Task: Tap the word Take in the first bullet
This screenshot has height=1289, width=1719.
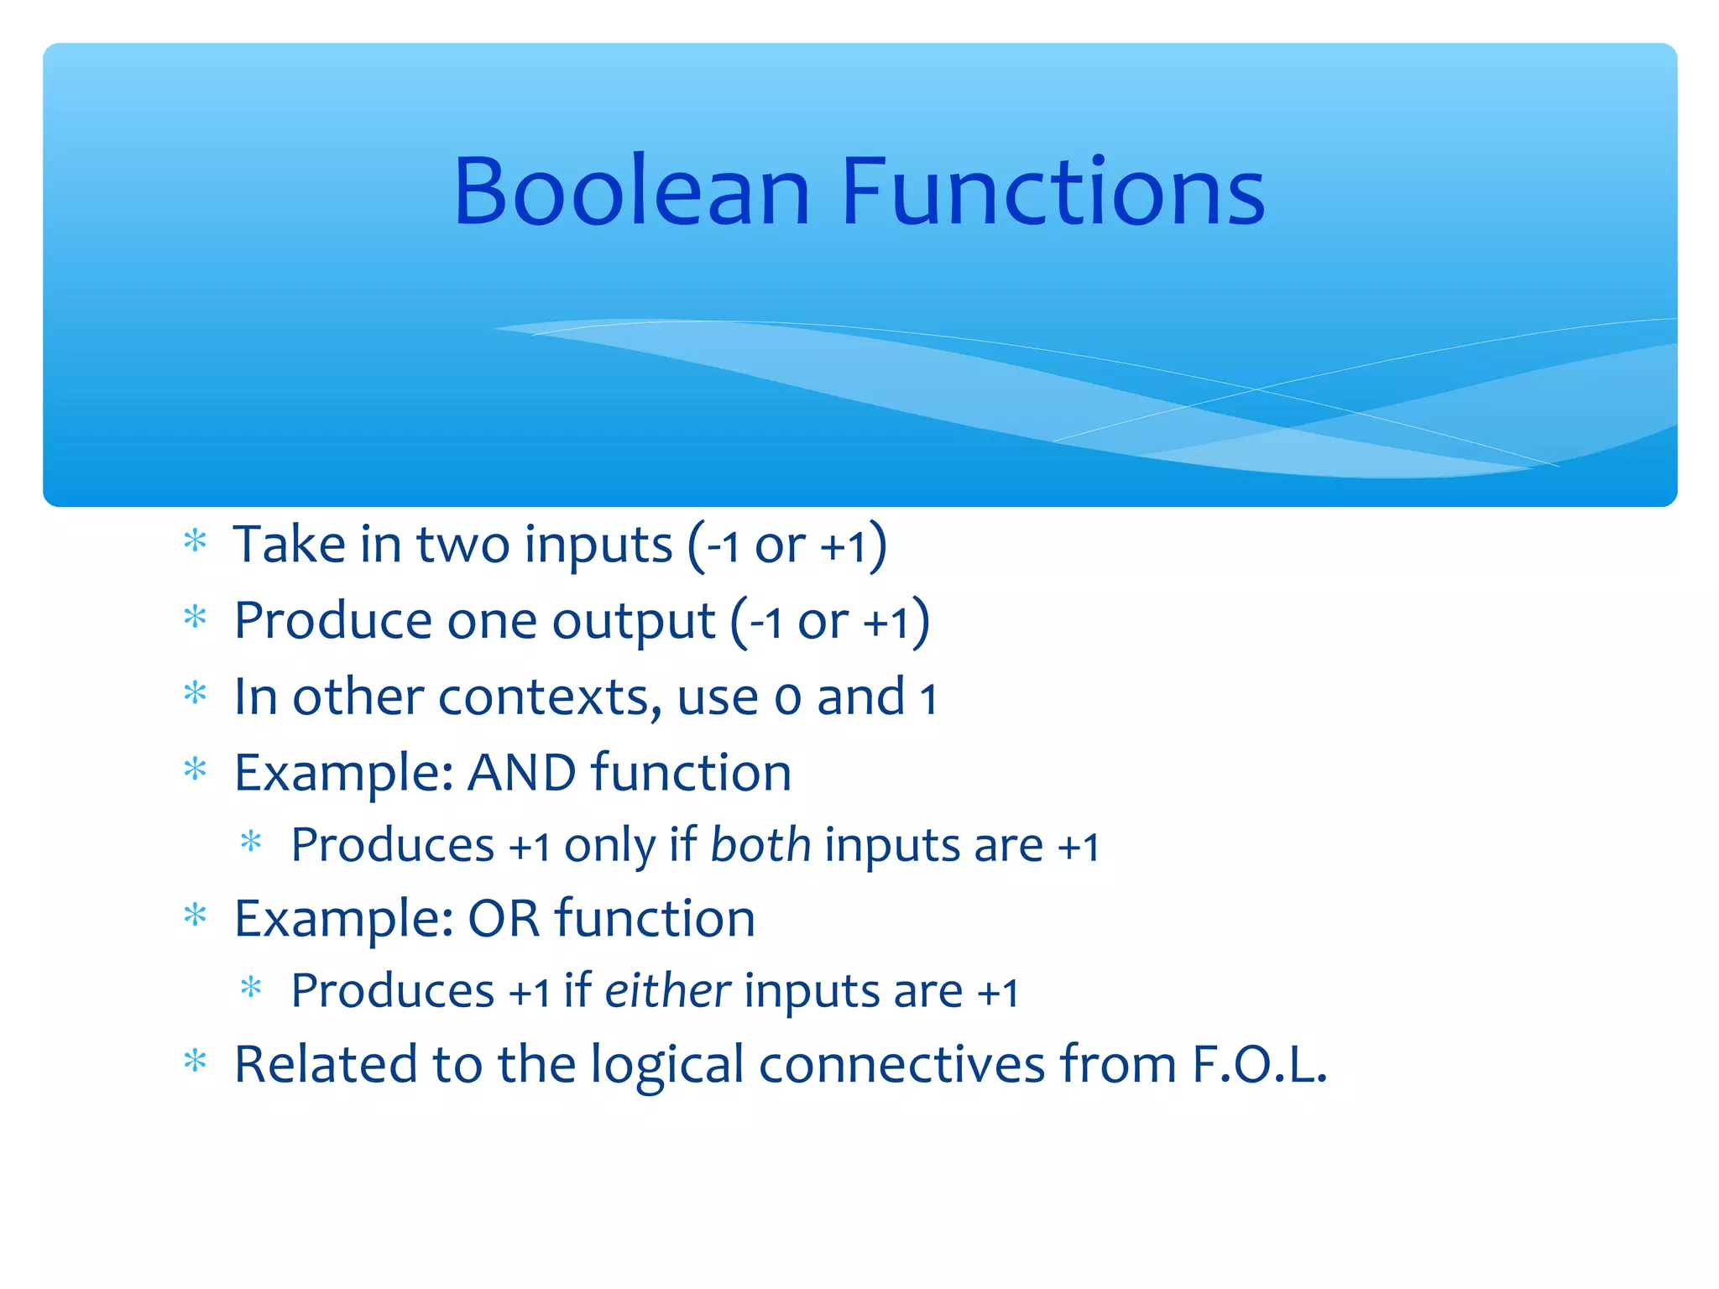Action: coord(289,544)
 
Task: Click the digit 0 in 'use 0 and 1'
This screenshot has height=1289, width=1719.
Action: coord(787,699)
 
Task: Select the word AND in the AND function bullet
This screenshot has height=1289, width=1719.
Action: coord(521,772)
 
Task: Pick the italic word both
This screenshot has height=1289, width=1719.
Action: coord(760,844)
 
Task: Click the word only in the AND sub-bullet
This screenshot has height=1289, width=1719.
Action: coord(609,846)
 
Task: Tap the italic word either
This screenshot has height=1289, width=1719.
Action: coord(668,990)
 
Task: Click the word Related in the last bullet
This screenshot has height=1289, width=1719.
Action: coord(326,1064)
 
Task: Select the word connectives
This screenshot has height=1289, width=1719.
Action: coord(901,1064)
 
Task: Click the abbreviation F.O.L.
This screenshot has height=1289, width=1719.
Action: coord(1259,1064)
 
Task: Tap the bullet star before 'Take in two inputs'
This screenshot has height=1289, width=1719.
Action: coord(195,541)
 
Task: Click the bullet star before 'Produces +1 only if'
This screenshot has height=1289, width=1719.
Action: coord(251,842)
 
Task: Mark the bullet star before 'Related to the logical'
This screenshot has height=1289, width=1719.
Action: coord(195,1062)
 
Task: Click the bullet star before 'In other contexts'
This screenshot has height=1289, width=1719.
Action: coord(195,694)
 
